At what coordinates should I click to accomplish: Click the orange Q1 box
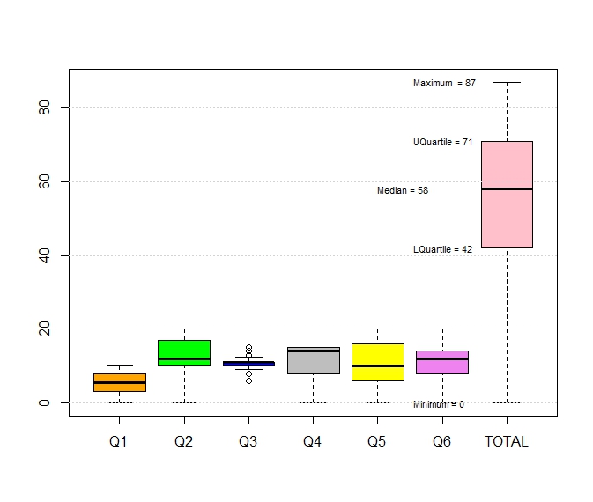[x=119, y=382]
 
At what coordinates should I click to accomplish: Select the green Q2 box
[x=183, y=352]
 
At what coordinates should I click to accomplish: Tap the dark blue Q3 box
[x=248, y=363]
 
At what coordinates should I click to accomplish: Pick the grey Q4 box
[x=313, y=360]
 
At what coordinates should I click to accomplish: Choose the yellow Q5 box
[x=377, y=362]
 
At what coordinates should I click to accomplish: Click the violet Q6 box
[x=442, y=362]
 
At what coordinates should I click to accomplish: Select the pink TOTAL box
[x=507, y=194]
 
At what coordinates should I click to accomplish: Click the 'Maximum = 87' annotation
[x=444, y=83]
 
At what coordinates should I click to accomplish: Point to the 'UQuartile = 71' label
[x=442, y=142]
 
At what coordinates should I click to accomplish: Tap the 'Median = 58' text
[x=403, y=190]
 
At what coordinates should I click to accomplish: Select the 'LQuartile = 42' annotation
[x=442, y=249]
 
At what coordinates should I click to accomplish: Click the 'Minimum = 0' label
[x=438, y=404]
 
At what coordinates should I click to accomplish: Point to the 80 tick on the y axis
[x=54, y=107]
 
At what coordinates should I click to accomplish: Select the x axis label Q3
[x=248, y=442]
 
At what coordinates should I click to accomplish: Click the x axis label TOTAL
[x=507, y=442]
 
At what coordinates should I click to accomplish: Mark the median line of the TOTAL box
[x=507, y=188]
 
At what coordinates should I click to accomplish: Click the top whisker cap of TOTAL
[x=507, y=82]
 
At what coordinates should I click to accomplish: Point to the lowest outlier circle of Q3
[x=248, y=380]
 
